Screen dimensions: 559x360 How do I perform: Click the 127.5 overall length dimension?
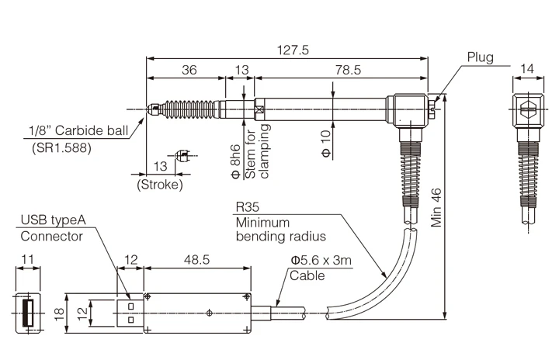(x=293, y=50)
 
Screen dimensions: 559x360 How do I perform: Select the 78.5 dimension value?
(x=348, y=70)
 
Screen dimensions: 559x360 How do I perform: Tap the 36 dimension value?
(x=189, y=70)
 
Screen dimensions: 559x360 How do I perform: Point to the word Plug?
(x=481, y=57)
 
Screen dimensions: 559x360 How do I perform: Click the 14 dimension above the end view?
(x=527, y=68)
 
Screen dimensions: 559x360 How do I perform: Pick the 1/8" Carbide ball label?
(x=78, y=130)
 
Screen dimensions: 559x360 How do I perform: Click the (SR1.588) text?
(x=61, y=147)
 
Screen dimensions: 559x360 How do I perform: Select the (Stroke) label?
(x=160, y=185)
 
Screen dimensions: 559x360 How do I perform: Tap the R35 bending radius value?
(x=248, y=206)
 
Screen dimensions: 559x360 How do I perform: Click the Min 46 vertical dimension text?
(x=436, y=208)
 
